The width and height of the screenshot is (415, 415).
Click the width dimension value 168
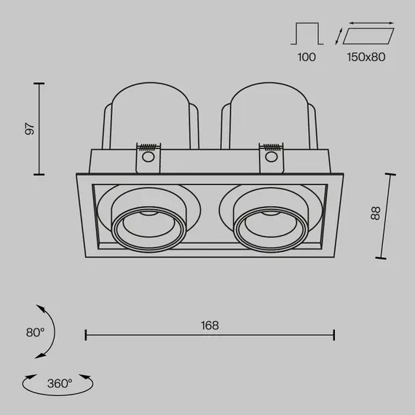pos(210,325)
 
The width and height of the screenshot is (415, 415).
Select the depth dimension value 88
pos(375,214)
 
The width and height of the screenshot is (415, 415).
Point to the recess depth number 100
pos(307,57)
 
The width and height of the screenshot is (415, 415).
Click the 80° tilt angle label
pos(35,332)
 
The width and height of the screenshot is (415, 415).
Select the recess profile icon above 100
pos(307,34)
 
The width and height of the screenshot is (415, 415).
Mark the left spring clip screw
pos(149,155)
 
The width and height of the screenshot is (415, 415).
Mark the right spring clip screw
pos(272,155)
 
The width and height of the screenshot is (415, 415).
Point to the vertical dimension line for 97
pos(40,129)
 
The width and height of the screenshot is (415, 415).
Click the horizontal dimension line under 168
pos(210,335)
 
